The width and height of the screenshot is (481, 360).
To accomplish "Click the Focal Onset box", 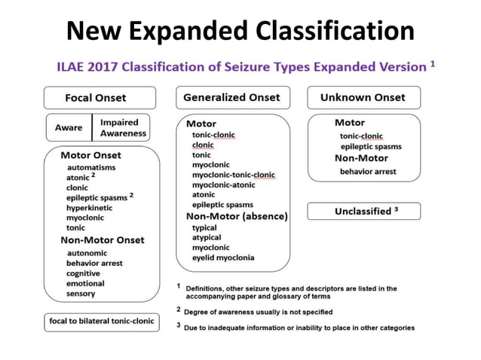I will [100, 98].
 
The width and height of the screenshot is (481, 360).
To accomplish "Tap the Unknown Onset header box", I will [363, 97].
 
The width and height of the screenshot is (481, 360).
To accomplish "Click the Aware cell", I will [69, 128].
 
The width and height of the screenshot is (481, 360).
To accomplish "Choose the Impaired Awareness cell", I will [124, 128].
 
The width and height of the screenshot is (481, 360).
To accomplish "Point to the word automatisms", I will [91, 166].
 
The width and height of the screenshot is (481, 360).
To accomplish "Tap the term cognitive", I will [83, 273].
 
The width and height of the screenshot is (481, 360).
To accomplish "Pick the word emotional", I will [85, 283].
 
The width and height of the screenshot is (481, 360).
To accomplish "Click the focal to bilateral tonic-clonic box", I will [101, 322].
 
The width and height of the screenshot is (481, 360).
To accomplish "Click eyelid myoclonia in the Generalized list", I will [223, 258].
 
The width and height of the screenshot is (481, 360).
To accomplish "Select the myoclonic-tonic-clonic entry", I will [234, 175].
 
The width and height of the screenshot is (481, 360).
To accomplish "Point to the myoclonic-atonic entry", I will [224, 185].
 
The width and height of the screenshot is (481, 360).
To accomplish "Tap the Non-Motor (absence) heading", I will [237, 216].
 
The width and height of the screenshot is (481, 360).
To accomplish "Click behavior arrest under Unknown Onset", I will [367, 172].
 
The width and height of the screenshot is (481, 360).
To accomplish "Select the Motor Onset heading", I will [90, 155].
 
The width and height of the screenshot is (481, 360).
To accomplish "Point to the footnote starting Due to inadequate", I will [299, 328].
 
